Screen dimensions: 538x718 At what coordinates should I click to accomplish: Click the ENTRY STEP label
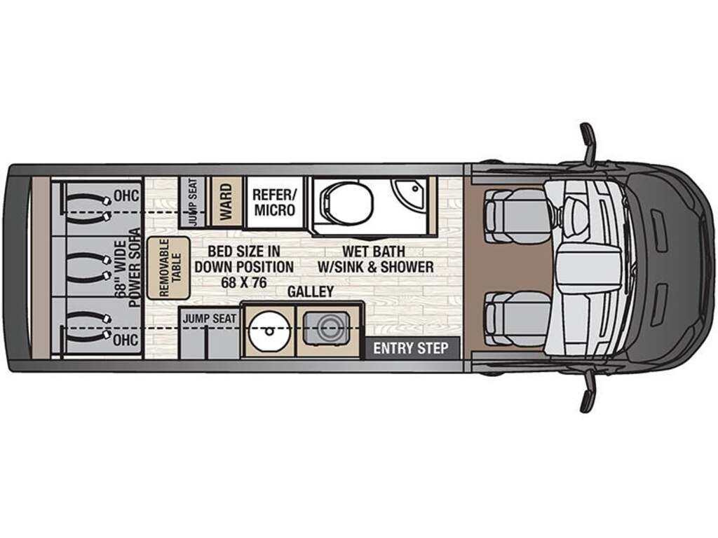coord(410,348)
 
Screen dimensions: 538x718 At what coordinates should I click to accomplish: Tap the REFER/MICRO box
coord(273,202)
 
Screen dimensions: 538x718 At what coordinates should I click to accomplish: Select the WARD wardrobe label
coord(226,202)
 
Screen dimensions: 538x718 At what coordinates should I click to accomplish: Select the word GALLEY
coord(310,291)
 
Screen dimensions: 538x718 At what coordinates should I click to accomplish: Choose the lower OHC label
coord(128,340)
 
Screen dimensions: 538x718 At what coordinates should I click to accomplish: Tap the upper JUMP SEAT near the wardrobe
coord(191,202)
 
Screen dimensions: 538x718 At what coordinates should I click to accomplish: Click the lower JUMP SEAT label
coord(210,318)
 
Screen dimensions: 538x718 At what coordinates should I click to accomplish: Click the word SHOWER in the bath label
coord(407,267)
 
